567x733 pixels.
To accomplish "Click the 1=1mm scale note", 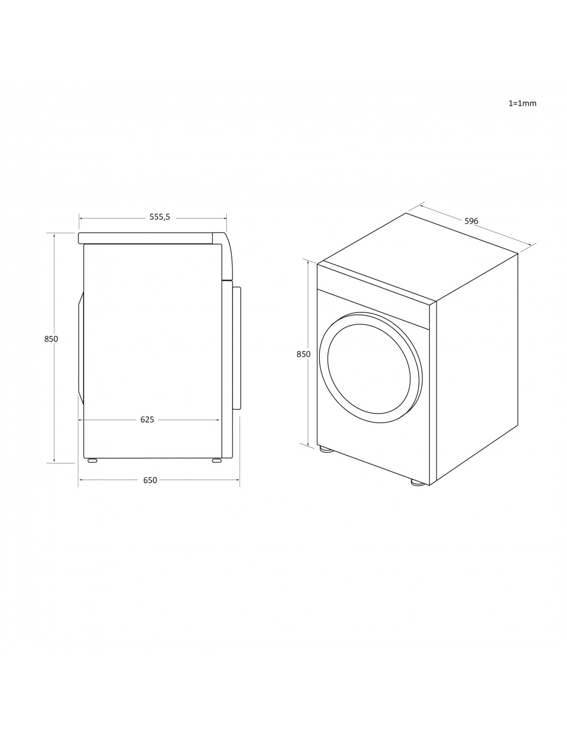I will click(522, 103).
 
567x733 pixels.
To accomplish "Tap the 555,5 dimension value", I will click(160, 217).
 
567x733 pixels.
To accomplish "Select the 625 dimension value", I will click(147, 420).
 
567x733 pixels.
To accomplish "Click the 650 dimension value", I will click(150, 480).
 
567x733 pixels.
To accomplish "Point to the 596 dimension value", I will click(471, 221).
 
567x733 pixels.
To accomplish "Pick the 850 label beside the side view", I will click(51, 339).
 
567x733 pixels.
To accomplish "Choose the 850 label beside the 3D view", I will click(304, 354).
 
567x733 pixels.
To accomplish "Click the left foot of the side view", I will click(92, 460).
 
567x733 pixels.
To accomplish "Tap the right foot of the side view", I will click(216, 460).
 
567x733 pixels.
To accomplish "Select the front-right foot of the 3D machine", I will click(418, 483).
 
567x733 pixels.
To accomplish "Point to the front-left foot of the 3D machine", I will click(326, 449).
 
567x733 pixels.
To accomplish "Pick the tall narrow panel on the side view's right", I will click(237, 348).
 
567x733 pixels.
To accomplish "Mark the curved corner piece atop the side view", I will click(227, 255).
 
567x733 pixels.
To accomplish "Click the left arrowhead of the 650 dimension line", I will click(81, 480).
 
